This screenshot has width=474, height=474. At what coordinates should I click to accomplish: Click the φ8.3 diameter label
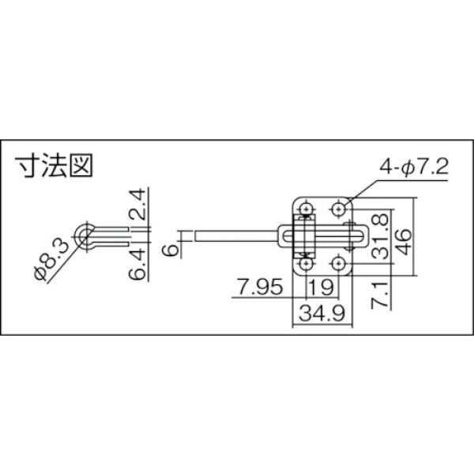point(51,263)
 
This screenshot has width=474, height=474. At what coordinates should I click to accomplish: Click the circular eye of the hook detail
point(83,233)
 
